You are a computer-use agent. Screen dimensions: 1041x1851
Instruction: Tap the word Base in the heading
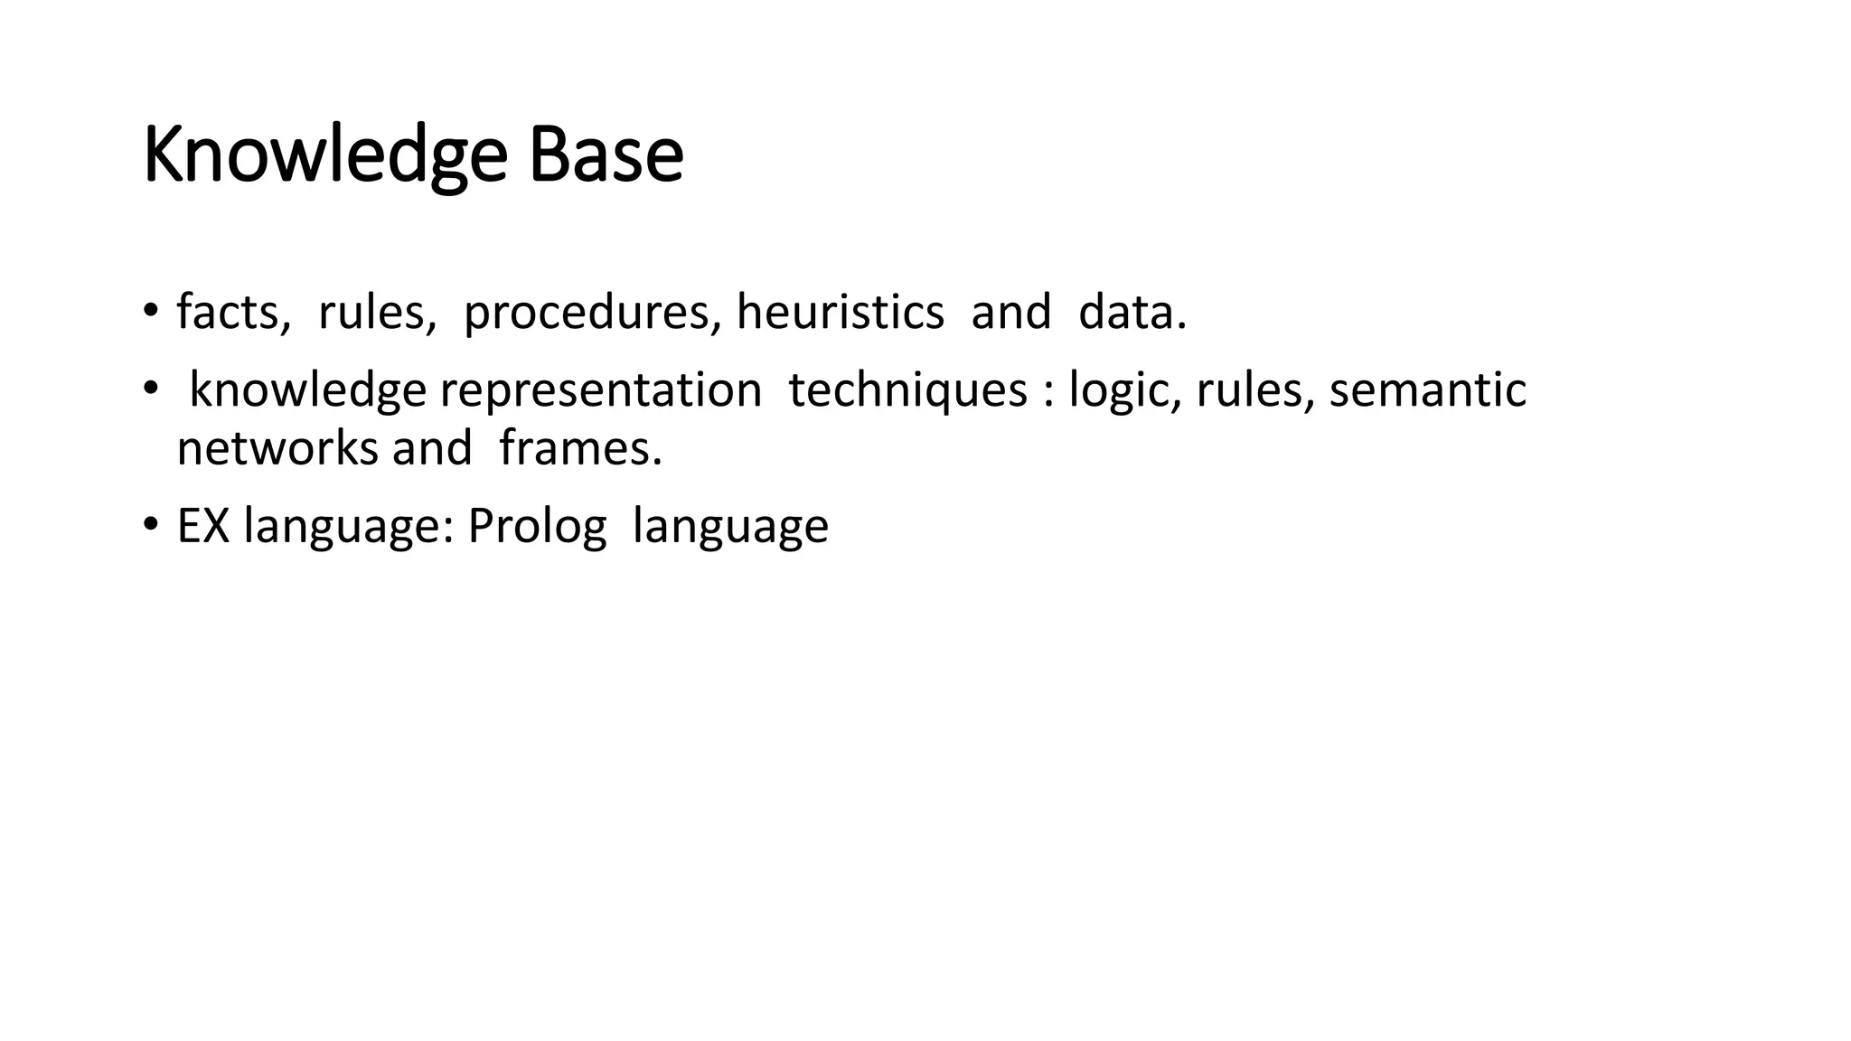(606, 155)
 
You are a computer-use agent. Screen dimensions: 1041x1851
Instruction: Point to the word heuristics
(840, 313)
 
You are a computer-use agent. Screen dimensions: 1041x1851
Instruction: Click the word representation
(601, 391)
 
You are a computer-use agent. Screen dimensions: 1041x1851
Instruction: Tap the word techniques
(907, 391)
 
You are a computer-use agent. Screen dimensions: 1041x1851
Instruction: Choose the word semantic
(1427, 391)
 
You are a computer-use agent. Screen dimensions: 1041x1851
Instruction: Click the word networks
(277, 448)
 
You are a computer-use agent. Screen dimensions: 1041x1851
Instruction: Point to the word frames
(580, 448)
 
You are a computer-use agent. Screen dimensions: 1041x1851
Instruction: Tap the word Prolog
(537, 526)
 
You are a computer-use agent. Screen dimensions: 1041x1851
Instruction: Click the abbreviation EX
(203, 526)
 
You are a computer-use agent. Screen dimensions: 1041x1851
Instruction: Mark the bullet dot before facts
(149, 311)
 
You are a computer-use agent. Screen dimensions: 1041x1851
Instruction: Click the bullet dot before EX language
(149, 524)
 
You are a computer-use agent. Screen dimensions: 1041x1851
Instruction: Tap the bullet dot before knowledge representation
(149, 389)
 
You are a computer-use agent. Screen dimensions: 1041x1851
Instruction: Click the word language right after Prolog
(730, 526)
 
